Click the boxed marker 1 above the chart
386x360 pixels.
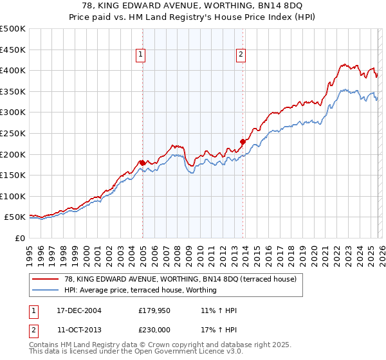140,55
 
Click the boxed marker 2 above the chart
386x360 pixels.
241,55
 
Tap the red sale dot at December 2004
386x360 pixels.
142,162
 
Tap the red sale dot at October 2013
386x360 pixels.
243,141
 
